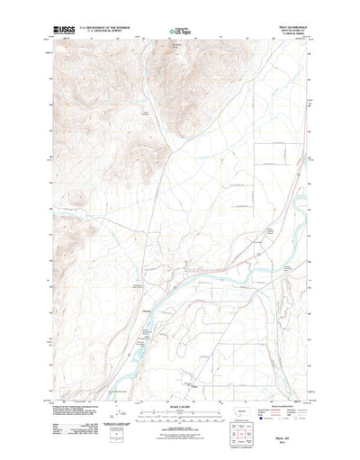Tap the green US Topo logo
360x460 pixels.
pos(180,33)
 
